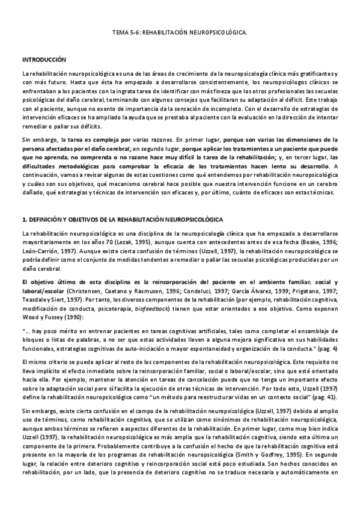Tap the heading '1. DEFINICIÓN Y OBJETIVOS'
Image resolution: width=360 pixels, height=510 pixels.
[x=122, y=220]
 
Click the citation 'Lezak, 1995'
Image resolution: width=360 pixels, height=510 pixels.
[x=141, y=241]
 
